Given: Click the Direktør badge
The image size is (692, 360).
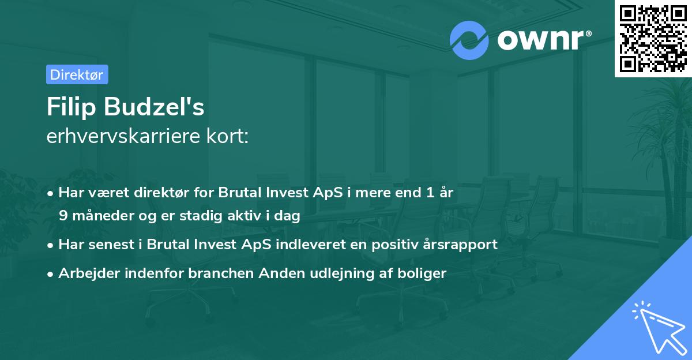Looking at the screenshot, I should pos(77,74).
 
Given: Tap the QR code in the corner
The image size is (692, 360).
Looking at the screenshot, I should pos(653,38).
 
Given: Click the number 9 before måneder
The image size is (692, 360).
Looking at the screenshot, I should pos(63,216).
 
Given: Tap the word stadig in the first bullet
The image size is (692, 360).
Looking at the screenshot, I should pos(199,216).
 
